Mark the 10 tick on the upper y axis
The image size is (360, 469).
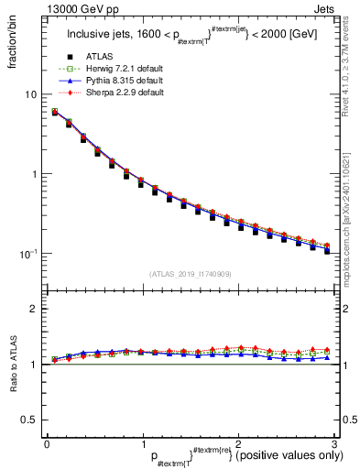coord(31,95)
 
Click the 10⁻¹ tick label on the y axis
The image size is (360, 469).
coord(27,253)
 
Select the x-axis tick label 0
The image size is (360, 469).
coord(47,442)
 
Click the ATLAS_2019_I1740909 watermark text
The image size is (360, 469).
coord(190,273)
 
